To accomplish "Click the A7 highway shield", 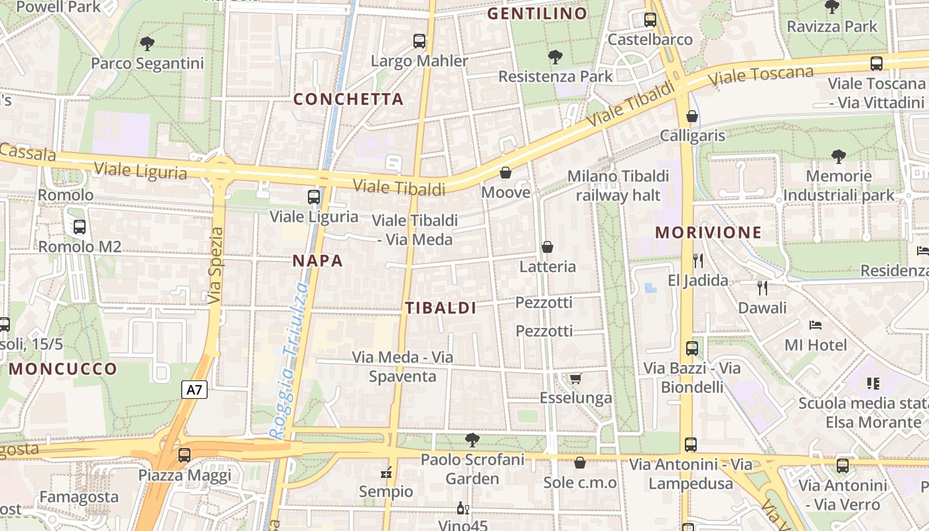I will [194, 390].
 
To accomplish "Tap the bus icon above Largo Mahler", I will [419, 41].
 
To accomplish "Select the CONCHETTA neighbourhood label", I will [348, 100].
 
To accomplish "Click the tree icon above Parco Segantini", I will [147, 44].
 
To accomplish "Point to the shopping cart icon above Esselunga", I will [575, 378].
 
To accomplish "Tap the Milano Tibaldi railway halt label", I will [618, 186].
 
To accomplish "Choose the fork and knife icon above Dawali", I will [762, 288].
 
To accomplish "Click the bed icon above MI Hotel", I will [816, 325].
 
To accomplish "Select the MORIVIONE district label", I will [708, 232].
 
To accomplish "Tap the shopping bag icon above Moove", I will [506, 173].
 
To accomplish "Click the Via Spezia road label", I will [215, 266].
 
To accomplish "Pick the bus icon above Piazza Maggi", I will [184, 455].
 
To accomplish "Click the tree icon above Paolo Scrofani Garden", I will [472, 439].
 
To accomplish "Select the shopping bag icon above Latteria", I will [547, 247].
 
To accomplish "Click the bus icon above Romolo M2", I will [80, 227].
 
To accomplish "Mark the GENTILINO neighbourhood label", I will [537, 13].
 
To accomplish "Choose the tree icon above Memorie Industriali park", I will [839, 157].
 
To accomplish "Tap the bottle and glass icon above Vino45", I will [463, 508].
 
